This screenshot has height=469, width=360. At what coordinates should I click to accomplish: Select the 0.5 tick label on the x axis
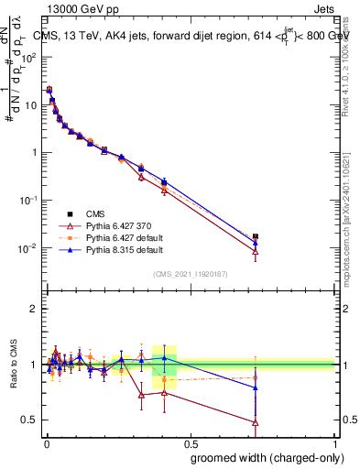191,444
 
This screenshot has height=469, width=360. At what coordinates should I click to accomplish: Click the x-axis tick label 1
335,444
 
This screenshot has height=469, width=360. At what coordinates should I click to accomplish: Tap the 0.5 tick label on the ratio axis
31,420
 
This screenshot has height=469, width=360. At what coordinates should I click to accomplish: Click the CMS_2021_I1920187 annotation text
190,274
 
